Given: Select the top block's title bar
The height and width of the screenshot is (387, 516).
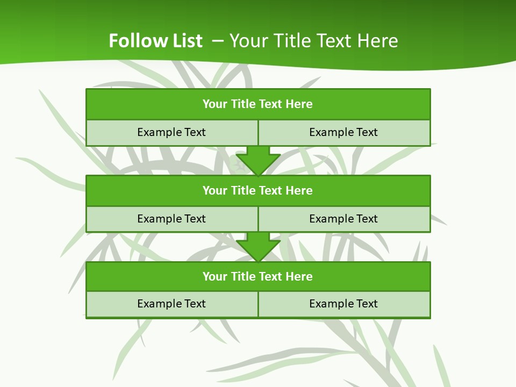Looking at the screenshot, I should coord(258,104).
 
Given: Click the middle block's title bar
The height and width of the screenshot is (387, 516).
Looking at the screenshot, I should coord(258,191).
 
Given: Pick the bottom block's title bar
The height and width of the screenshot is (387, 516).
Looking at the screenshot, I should coord(258,277).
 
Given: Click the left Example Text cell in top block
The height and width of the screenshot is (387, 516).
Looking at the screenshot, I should coord(171,133).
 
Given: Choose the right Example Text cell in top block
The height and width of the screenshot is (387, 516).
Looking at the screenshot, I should coord(344,133).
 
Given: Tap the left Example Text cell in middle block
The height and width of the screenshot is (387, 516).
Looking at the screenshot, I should coord(171,219).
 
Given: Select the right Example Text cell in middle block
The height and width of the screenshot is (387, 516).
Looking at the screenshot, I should coord(344,219).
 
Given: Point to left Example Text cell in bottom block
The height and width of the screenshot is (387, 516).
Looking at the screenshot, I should coord(171,304).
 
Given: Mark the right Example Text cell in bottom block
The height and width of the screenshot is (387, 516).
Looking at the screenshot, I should coord(344,304).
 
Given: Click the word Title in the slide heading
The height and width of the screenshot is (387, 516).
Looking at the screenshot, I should coord(290,41).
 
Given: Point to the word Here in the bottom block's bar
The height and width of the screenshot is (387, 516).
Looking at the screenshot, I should coord(299,277).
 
